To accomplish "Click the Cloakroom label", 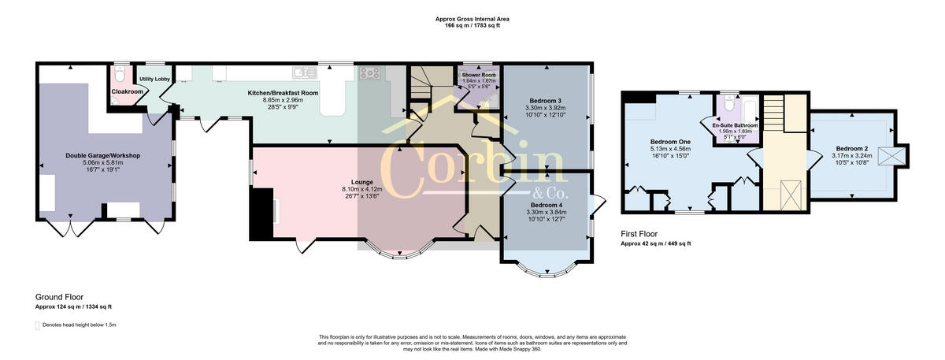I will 127,91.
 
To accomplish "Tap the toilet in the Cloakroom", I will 119,75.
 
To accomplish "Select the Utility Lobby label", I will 155,79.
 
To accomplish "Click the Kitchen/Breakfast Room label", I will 283,93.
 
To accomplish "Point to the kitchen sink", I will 304,73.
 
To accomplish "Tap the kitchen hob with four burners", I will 369,74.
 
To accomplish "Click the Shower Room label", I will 478,74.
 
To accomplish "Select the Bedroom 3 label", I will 545,101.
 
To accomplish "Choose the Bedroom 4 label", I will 545,205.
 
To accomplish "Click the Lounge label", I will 361,182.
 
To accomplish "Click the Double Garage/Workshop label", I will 102,156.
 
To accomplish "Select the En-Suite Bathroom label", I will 735,125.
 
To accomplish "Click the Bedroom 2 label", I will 852,149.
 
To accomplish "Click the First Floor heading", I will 639,234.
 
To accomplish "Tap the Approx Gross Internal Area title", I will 477,19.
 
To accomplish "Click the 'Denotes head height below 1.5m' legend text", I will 80,325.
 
